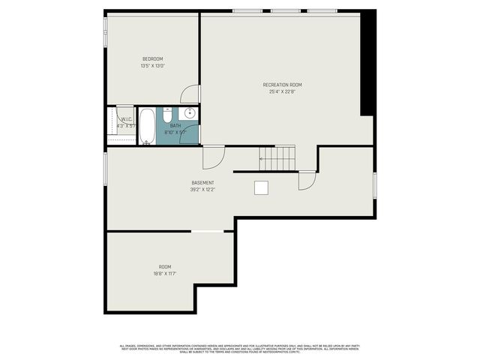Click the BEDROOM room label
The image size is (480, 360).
[x=152, y=58]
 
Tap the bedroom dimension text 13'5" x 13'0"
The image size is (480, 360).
[x=152, y=66]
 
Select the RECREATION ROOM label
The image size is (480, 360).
[x=282, y=85]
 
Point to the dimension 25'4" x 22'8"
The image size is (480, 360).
[x=282, y=92]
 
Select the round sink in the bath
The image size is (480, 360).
[x=190, y=113]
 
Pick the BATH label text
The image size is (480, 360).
[x=175, y=125]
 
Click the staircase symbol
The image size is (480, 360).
[x=278, y=158]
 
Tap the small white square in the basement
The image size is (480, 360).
[x=261, y=187]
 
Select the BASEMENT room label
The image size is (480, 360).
[x=202, y=183]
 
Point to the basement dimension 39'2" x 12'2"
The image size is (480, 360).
[x=202, y=190]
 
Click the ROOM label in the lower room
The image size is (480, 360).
[x=164, y=267]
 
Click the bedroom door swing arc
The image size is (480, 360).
[x=191, y=94]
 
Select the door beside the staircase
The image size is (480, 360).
[x=307, y=181]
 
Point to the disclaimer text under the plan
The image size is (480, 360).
[x=240, y=348]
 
